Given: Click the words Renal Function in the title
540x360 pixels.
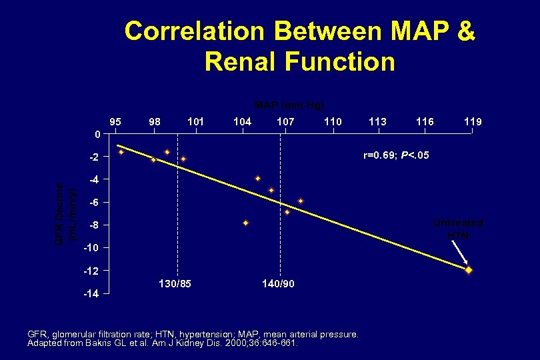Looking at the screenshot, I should pos(299,61).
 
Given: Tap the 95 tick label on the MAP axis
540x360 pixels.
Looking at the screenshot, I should pos(115,122).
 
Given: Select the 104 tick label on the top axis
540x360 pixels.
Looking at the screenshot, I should pos(242,122).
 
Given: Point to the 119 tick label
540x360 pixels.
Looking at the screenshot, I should pos(473,122).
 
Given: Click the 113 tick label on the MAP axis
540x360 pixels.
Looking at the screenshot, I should pos(377,122).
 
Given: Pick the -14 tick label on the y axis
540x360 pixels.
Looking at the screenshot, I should pos(91,294).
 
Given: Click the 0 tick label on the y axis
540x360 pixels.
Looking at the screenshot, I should pos(97,135).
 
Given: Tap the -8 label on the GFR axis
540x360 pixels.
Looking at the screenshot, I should pos(93,225).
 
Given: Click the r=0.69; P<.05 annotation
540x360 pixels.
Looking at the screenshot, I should pos(396,155).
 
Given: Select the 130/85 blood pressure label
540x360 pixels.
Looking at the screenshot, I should pos(175,284).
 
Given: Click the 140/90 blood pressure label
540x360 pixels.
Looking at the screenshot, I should pos(278,284).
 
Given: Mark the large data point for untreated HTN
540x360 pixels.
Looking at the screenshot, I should pos(469,270).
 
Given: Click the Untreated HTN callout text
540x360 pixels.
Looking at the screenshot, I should pos(458,229).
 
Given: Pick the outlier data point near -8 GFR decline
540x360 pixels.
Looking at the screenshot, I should pos(245,223).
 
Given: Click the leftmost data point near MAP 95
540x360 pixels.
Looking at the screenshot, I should pos(121,152).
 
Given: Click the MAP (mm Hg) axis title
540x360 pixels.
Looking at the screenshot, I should pos(290,105).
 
